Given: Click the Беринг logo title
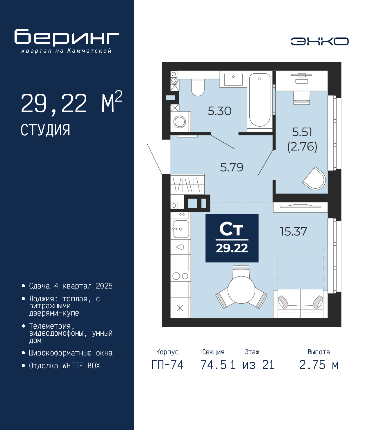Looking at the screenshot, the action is (67, 38).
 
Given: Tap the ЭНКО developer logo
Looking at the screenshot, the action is (319, 41).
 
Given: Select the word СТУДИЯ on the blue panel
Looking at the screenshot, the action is (45, 130).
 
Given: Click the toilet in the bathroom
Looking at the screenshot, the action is (198, 87).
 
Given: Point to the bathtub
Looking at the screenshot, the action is (260, 100).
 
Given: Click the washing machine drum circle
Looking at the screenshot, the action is (180, 122).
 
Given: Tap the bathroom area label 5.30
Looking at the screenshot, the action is (219, 111).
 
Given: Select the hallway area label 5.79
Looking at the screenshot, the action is (232, 167).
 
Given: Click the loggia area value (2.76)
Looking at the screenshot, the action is (302, 147).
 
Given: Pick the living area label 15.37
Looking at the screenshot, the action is (293, 231).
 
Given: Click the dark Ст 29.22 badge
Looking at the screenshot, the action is (232, 238).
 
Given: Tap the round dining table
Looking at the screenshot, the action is (241, 290).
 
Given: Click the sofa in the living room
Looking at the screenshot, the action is (300, 304).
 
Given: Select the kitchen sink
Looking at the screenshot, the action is (181, 229).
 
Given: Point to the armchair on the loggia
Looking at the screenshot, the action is (314, 178).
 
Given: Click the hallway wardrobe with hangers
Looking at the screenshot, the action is (187, 184).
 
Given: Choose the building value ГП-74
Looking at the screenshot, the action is (167, 365).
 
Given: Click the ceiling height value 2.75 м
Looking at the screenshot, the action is (319, 365).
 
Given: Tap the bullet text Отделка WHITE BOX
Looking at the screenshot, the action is (65, 365).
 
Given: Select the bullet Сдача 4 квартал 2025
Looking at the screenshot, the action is (71, 286).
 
